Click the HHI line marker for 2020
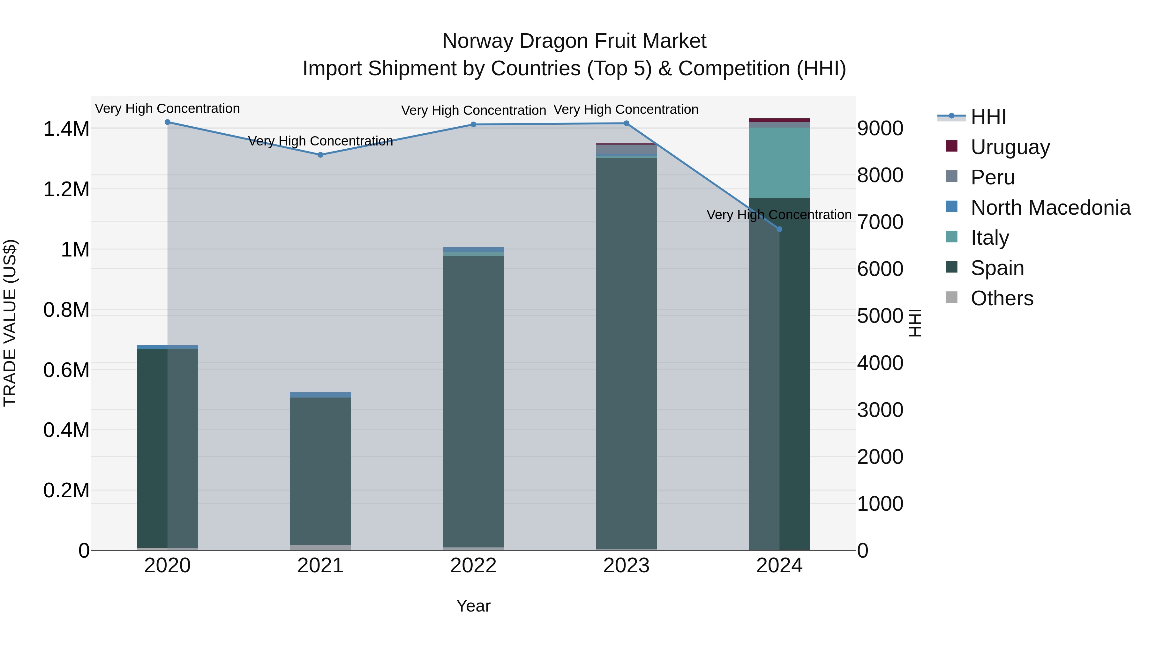tap(167, 122)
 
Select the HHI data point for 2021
tap(320, 155)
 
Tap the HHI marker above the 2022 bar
tap(473, 124)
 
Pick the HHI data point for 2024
tap(779, 229)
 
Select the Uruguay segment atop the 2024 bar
tap(779, 120)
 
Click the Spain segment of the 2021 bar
tap(320, 470)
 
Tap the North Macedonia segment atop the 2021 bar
tap(320, 395)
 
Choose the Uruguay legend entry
tap(1010, 147)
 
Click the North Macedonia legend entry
tap(1050, 207)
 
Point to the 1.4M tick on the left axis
tap(66, 129)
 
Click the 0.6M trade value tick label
tap(66, 370)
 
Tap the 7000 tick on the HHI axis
tap(880, 222)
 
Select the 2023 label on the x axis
tap(626, 566)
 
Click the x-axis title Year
tap(473, 606)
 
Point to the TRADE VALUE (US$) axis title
tap(10, 323)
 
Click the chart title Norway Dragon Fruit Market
tap(574, 41)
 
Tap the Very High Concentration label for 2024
tap(779, 215)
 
